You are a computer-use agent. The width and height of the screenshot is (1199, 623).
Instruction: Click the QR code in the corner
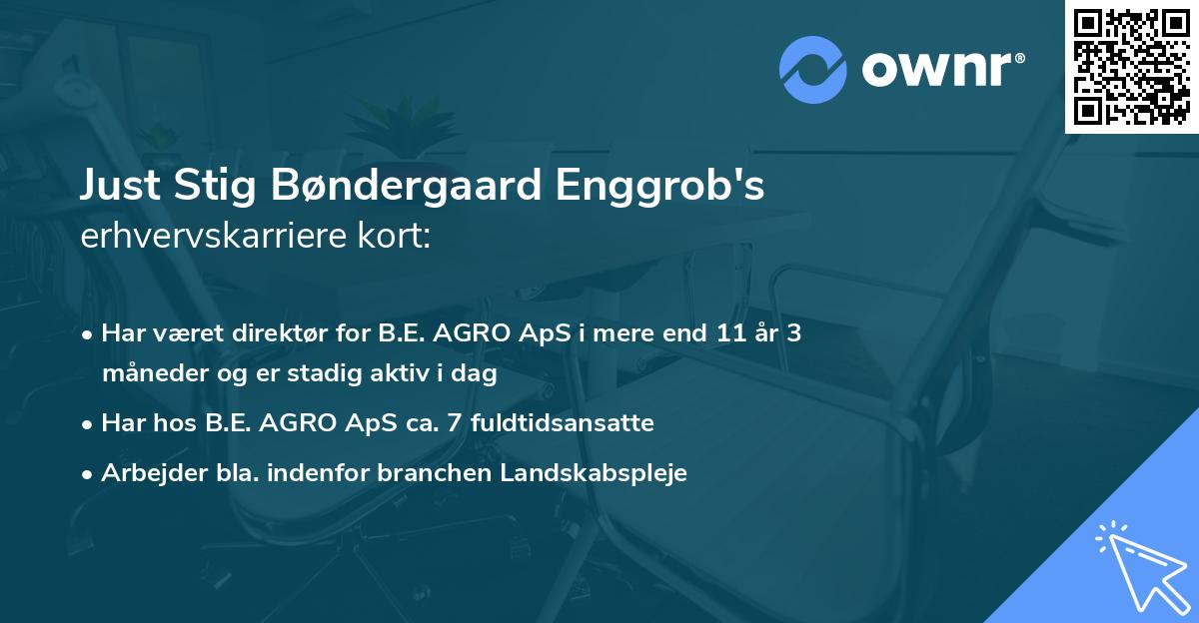1132,66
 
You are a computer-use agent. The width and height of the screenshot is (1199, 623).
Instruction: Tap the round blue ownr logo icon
813,69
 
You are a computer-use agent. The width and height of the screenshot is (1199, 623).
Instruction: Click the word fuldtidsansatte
565,422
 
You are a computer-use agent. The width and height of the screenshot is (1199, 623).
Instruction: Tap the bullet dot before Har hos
90,423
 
